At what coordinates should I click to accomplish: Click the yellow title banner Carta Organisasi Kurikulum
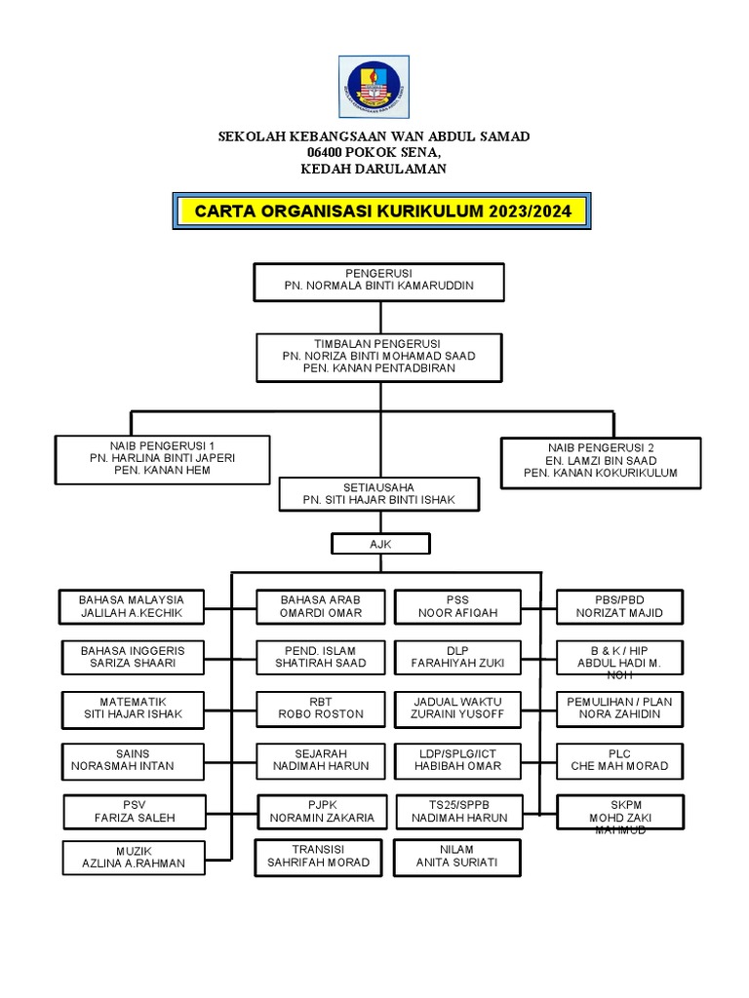pyautogui.click(x=382, y=211)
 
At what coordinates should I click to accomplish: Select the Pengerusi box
pyautogui.click(x=378, y=281)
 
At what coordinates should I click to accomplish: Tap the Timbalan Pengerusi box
pyautogui.click(x=378, y=357)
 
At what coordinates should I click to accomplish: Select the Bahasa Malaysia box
pyautogui.click(x=133, y=606)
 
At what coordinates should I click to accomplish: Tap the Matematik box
pyautogui.click(x=133, y=708)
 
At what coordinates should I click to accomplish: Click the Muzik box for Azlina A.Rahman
pyautogui.click(x=133, y=857)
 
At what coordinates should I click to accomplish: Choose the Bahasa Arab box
pyautogui.click(x=319, y=606)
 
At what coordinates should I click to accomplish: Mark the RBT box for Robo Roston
pyautogui.click(x=319, y=708)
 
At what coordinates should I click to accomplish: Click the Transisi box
pyautogui.click(x=319, y=856)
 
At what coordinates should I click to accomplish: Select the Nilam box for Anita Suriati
pyautogui.click(x=457, y=856)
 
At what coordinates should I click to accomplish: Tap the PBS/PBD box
pyautogui.click(x=619, y=606)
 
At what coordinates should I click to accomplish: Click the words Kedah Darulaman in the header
pyautogui.click(x=374, y=169)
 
